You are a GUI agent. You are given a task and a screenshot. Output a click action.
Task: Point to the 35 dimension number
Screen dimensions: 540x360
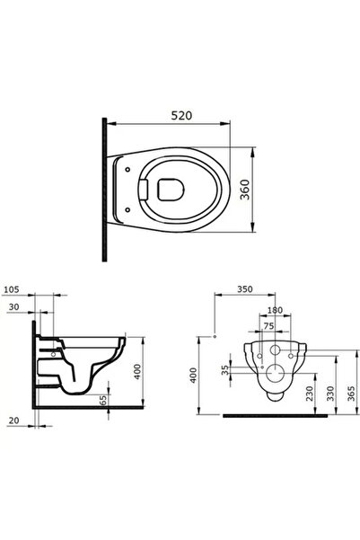pyautogui.click(x=225, y=368)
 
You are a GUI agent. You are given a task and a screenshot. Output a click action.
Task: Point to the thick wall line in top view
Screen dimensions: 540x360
pyautogui.click(x=106, y=190)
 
